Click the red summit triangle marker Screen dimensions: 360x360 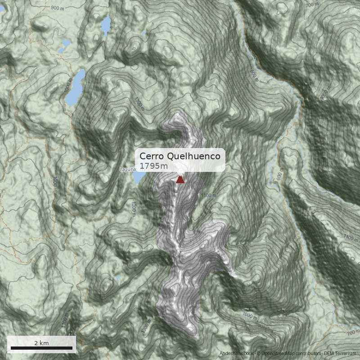[x=180, y=180]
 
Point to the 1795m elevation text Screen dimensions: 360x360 [x=153, y=166]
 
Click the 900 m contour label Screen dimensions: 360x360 [x=58, y=8]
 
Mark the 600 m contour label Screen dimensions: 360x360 [x=279, y=176]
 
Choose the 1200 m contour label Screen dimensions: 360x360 [x=133, y=209]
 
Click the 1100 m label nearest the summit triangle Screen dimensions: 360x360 [x=209, y=195]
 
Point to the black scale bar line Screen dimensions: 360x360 [x=41, y=348]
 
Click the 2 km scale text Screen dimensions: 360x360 [x=41, y=343]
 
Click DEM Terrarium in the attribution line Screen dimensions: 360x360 [x=340, y=354]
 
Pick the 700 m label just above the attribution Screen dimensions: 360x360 [x=353, y=333]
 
